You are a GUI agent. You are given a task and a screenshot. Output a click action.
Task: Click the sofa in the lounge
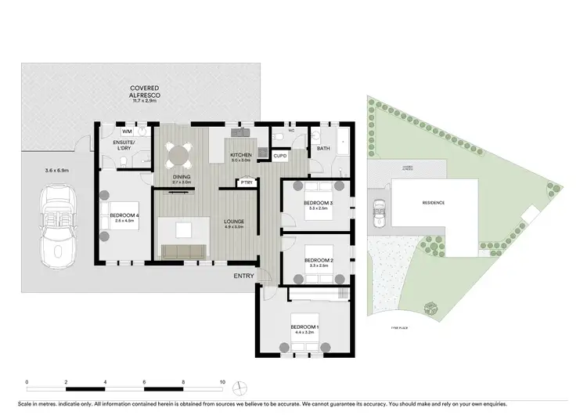[x=184, y=251]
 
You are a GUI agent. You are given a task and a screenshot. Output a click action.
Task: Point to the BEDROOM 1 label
[x=304, y=328]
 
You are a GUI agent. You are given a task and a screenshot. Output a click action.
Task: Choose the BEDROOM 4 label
[x=125, y=218]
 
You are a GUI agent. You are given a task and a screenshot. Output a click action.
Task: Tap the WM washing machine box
[x=126, y=132]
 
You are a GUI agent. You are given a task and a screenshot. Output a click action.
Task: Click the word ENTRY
[x=243, y=276]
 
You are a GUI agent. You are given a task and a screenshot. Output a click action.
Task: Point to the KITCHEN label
[x=240, y=156]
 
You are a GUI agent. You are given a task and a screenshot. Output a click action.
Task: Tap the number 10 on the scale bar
[x=222, y=383]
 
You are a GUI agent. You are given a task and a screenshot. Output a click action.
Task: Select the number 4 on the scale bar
[x=105, y=383]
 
